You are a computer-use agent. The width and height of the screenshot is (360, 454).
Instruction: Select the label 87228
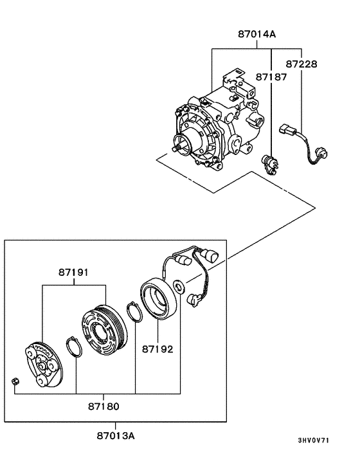tap(301, 64)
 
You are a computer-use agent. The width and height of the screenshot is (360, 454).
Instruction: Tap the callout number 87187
tap(271, 77)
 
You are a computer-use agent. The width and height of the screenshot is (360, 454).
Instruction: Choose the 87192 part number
tap(157, 350)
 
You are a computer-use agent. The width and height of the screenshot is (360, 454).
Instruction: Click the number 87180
tap(104, 406)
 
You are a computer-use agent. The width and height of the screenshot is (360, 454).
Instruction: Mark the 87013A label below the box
tap(116, 435)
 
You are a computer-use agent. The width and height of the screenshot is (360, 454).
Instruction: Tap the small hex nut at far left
tap(16, 384)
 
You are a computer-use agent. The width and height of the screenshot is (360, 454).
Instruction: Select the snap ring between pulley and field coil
tap(134, 312)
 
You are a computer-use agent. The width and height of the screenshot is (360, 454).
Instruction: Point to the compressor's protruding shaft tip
tap(175, 150)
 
